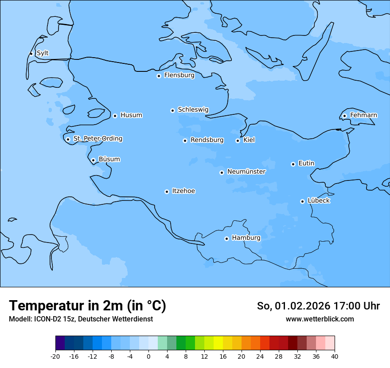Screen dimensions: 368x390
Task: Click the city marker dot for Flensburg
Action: pyautogui.click(x=159, y=76)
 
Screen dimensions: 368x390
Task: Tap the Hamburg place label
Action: pyautogui.click(x=246, y=238)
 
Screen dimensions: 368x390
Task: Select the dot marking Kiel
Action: pyautogui.click(x=238, y=141)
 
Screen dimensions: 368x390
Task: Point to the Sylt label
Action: pyautogui.click(x=43, y=53)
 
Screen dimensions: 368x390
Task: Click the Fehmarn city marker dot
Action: pyautogui.click(x=344, y=116)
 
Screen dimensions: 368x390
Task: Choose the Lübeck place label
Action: pyautogui.click(x=318, y=200)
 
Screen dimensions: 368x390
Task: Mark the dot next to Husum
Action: pyautogui.click(x=115, y=116)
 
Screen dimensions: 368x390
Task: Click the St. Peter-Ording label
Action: pyautogui.click(x=97, y=138)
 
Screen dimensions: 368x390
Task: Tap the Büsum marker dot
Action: pyautogui.click(x=93, y=160)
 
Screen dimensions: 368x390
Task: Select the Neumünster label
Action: pyautogui.click(x=246, y=172)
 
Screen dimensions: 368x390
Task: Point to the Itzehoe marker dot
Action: pyautogui.click(x=167, y=192)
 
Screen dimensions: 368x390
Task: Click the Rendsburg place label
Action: pyautogui.click(x=207, y=140)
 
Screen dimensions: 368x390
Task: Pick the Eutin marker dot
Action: pyautogui.click(x=293, y=164)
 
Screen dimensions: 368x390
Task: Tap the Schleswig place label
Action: pyautogui.click(x=193, y=110)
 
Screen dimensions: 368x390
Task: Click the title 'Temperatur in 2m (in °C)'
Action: pyautogui.click(x=87, y=305)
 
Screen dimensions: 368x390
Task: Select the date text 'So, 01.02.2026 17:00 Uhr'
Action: pyautogui.click(x=318, y=306)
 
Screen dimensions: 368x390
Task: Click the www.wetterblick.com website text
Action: pyautogui.click(x=320, y=319)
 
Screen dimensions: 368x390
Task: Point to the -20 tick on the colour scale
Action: pyautogui.click(x=55, y=356)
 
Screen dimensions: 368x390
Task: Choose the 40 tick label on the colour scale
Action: pyautogui.click(x=335, y=356)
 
